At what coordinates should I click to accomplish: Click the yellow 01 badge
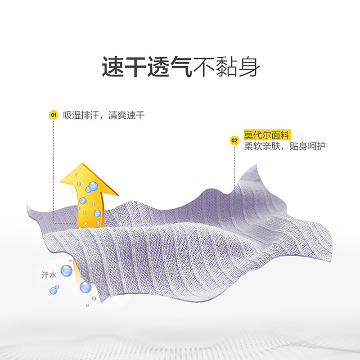[53, 115]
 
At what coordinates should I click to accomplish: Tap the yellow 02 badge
[234, 140]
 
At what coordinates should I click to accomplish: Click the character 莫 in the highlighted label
[248, 135]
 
